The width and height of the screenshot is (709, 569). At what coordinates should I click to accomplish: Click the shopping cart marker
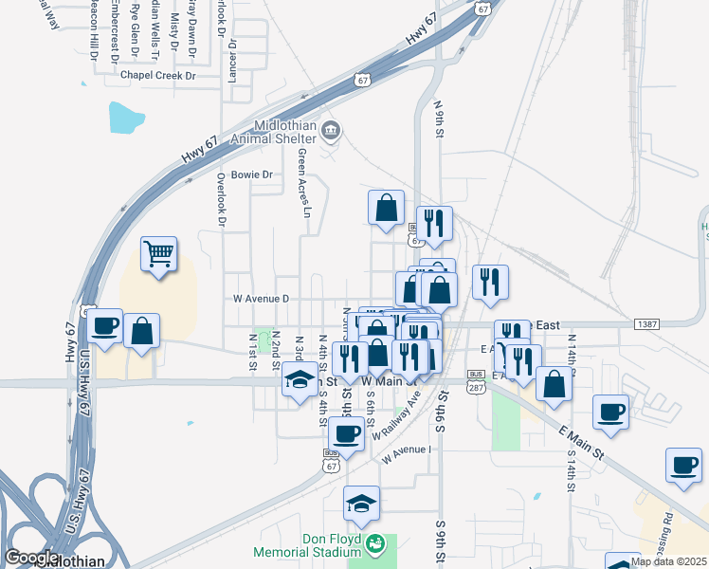pyautogui.click(x=159, y=253)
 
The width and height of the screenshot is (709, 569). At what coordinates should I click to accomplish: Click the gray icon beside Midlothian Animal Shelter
pyautogui.click(x=331, y=130)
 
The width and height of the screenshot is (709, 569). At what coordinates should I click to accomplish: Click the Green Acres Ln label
pyautogui.click(x=304, y=182)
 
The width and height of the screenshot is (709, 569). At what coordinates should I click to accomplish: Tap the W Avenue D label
pyautogui.click(x=261, y=299)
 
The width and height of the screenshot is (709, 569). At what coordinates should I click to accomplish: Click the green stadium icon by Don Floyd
pyautogui.click(x=376, y=544)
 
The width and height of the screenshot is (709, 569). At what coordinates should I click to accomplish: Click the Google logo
pyautogui.click(x=31, y=558)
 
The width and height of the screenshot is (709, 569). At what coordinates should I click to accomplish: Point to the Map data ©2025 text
pyautogui.click(x=669, y=561)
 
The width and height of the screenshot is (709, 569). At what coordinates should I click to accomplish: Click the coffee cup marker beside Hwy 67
pyautogui.click(x=104, y=326)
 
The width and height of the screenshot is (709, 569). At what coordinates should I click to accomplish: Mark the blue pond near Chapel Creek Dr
pyautogui.click(x=126, y=118)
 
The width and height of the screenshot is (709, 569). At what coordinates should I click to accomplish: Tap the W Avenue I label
pyautogui.click(x=408, y=453)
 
